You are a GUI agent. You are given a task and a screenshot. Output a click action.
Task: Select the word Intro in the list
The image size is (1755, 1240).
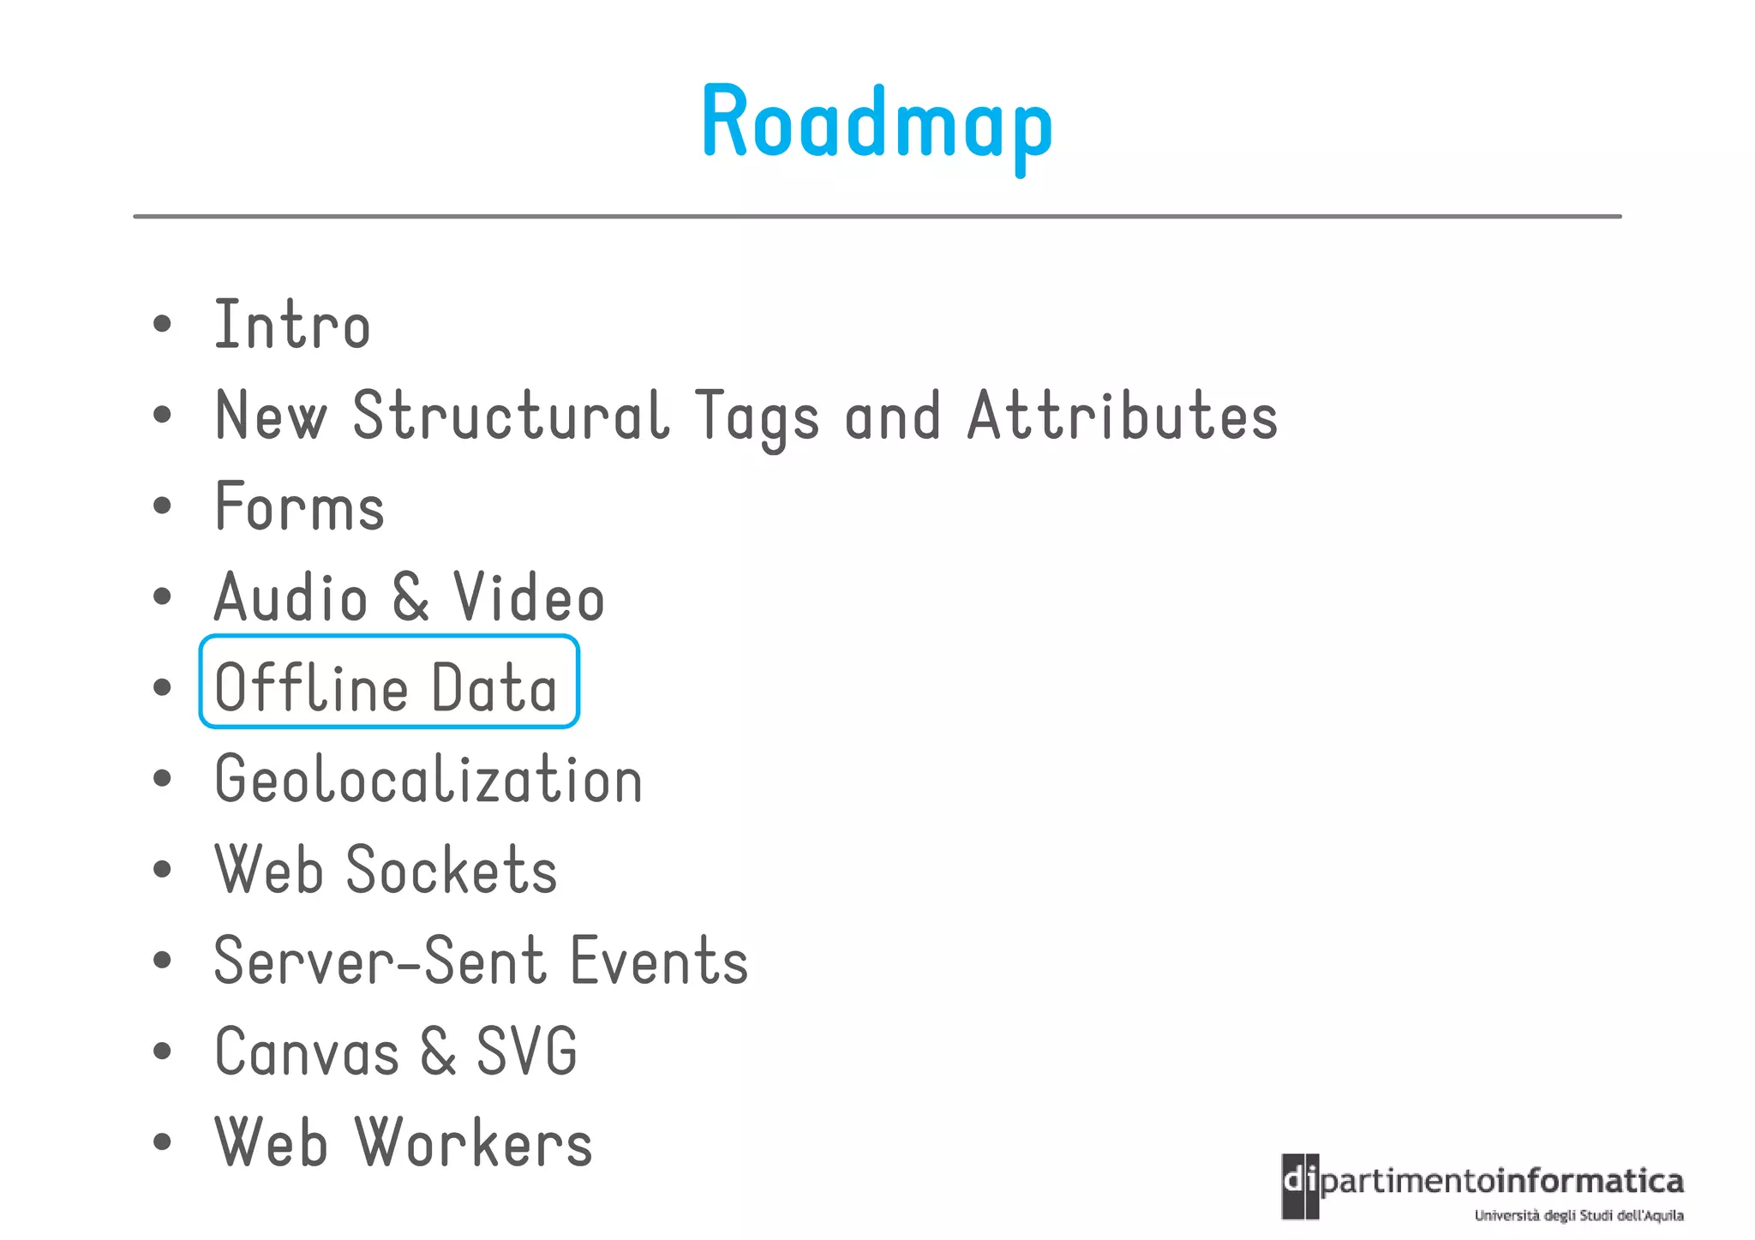tap(291, 326)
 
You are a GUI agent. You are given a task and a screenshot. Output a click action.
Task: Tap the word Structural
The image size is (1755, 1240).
tap(511, 416)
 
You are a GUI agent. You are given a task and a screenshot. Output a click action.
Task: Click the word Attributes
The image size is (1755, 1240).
tap(1122, 416)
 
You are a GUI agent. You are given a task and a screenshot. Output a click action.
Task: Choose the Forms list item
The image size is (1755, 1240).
tap(299, 507)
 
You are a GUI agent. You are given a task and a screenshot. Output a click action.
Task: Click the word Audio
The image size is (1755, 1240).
tap(291, 597)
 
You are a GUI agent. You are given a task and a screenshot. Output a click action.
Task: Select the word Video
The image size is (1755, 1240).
tap(529, 597)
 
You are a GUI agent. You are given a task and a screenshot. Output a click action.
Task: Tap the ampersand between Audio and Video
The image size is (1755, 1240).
tap(410, 597)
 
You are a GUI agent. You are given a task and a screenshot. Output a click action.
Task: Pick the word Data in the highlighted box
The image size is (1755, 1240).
tap(494, 687)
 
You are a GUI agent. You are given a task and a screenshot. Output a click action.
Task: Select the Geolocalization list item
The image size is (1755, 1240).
tap(428, 780)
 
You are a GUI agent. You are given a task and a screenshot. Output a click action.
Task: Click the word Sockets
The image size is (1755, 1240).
tap(452, 870)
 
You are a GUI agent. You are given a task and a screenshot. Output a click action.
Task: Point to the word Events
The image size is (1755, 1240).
tap(659, 961)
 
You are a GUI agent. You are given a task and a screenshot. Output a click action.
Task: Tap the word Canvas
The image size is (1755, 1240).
tap(307, 1051)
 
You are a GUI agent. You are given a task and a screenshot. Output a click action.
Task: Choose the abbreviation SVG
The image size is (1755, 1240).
tap(526, 1051)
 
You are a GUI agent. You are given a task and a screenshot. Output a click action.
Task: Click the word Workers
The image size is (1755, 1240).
tap(473, 1142)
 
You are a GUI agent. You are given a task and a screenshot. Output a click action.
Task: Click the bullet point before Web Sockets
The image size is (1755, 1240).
tap(162, 870)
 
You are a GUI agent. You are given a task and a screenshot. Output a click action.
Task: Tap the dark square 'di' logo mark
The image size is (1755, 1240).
tap(1300, 1186)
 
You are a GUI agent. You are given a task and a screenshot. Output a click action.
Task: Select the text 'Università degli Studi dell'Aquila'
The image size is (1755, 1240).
tap(1578, 1215)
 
